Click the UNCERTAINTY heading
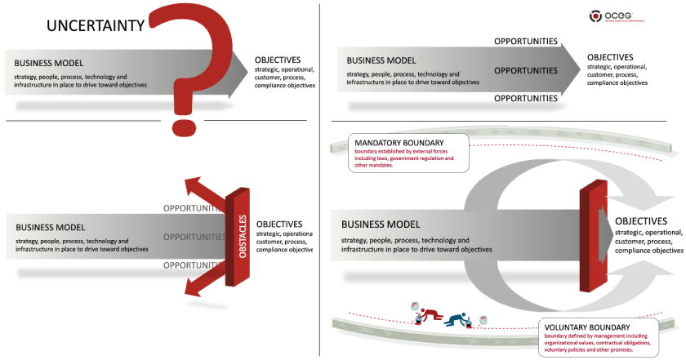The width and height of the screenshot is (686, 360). coord(96,25)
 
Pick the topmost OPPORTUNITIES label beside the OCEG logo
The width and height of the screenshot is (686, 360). coord(526,41)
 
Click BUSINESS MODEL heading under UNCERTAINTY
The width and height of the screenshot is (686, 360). coord(48,64)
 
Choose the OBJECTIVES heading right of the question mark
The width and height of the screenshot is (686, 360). coord(278,60)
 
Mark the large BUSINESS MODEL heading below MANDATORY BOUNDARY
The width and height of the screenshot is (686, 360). coord(381,224)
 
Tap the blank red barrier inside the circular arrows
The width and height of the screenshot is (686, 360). coord(590,237)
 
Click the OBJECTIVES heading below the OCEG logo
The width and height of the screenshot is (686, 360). coord(610,57)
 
